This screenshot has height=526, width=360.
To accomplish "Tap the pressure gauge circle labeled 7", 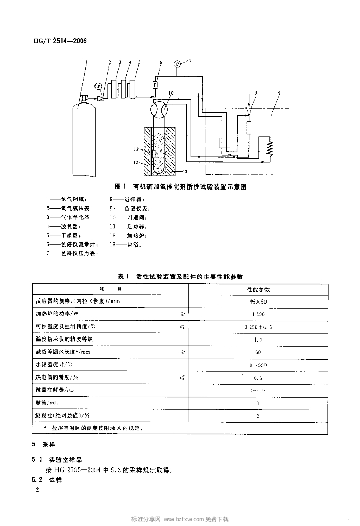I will coord(177,64).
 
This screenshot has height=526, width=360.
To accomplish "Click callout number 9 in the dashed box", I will coord(279,93).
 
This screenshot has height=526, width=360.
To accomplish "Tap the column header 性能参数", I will coord(258,290).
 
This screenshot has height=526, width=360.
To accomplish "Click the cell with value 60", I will coord(258,352).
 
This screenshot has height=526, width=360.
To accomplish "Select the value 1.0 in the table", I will coord(258,340).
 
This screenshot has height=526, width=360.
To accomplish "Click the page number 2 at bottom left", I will coord(37,491).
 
